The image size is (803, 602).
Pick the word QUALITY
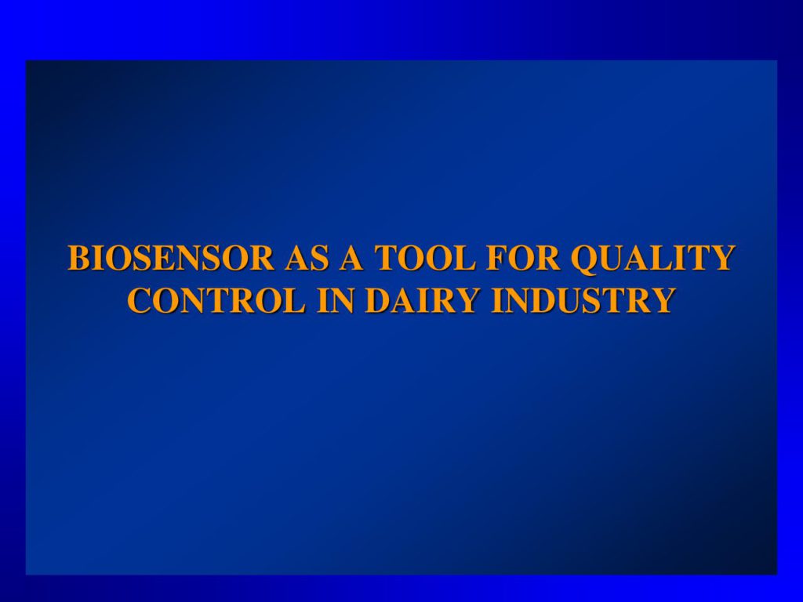(x=653, y=259)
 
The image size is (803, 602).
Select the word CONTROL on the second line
(x=216, y=300)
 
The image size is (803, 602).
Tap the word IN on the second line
(x=336, y=300)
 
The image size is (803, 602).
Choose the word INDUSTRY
(x=582, y=300)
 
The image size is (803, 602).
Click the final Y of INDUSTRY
(x=662, y=300)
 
